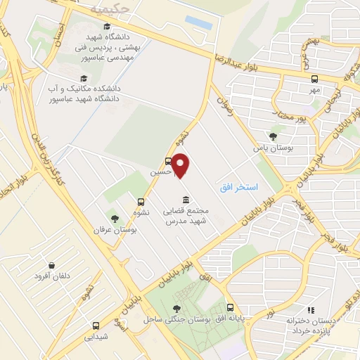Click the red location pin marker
(181, 165)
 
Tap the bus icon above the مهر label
(314, 79)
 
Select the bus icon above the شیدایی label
(96, 326)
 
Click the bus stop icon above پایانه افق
(230, 308)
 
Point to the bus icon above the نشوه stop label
(141, 200)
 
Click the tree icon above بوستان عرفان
(115, 218)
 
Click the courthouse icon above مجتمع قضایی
(185, 199)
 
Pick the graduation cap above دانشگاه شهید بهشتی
(106, 27)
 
